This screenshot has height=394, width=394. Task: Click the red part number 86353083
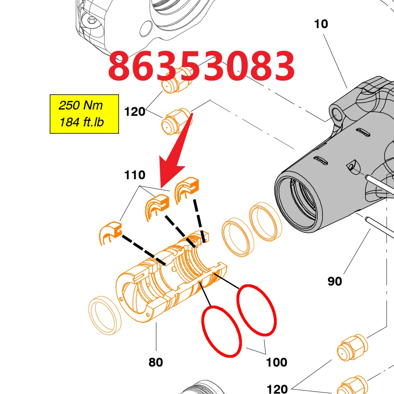tap(201, 66)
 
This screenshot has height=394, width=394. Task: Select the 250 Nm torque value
tap(81, 105)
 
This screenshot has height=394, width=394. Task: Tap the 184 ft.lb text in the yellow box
tap(82, 122)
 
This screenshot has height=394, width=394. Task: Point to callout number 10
tap(321, 24)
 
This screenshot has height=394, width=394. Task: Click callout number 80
tap(156, 362)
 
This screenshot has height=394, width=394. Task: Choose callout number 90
tap(335, 281)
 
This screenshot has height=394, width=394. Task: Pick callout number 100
tap(276, 362)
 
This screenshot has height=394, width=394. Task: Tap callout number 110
tap(135, 175)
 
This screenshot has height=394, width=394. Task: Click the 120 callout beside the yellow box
tap(135, 112)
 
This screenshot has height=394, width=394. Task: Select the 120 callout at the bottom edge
tap(277, 389)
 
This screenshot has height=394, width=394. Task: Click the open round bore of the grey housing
tap(299, 201)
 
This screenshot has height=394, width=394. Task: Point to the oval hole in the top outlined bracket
tap(146, 29)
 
